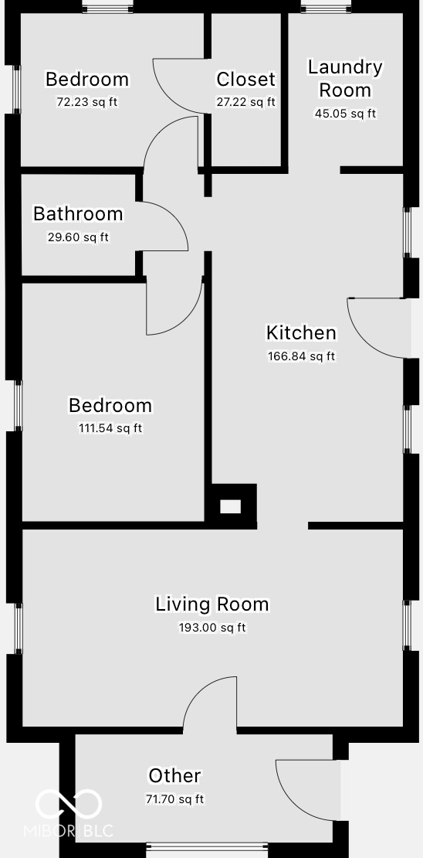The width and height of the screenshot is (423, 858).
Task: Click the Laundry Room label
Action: tap(345, 78)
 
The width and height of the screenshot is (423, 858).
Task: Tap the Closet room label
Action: tap(245, 79)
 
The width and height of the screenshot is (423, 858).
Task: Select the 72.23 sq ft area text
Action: tap(87, 102)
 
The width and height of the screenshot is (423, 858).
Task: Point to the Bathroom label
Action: tap(78, 213)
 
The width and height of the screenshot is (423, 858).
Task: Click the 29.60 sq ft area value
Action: tap(78, 237)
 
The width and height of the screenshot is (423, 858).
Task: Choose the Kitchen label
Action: tap(301, 332)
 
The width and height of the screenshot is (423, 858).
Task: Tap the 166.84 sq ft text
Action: tap(301, 356)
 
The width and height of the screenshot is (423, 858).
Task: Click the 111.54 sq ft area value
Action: tap(110, 428)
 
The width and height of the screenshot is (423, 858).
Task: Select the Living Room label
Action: tap(212, 604)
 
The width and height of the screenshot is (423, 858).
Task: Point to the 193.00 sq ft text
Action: tap(212, 628)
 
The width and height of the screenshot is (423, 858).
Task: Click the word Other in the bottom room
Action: tap(175, 775)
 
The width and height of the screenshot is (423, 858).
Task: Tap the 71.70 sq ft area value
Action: tap(175, 799)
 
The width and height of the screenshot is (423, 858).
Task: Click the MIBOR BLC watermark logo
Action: tap(69, 812)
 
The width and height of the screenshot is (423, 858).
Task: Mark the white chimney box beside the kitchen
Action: tap(231, 507)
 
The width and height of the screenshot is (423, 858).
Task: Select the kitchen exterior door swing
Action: tap(377, 329)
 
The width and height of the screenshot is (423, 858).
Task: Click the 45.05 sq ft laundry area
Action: tap(345, 114)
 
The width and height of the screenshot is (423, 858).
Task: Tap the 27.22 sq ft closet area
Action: tap(245, 102)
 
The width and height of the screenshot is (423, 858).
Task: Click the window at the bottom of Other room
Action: tap(207, 847)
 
